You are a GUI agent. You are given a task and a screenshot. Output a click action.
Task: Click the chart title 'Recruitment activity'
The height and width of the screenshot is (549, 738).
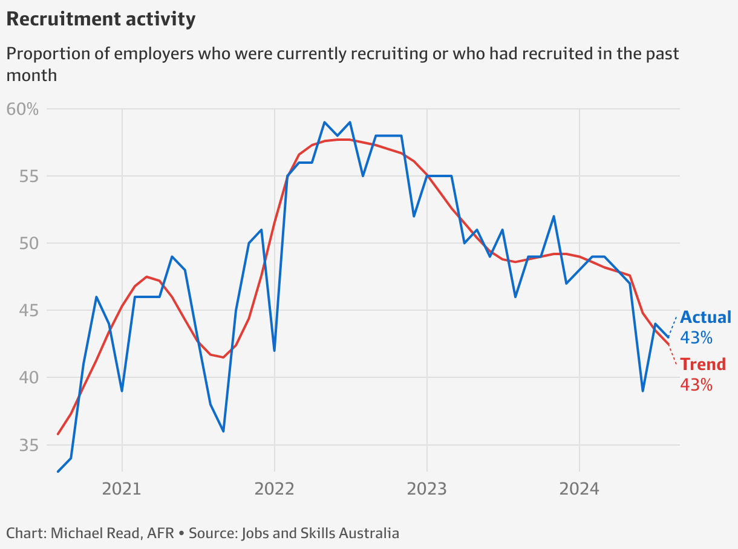[100, 19]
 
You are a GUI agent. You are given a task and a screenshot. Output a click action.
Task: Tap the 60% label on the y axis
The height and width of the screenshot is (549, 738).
[22, 109]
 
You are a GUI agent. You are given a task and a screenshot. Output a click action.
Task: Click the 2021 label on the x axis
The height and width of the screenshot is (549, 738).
[122, 489]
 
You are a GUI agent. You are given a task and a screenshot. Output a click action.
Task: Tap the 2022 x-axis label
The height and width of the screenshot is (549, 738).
[274, 489]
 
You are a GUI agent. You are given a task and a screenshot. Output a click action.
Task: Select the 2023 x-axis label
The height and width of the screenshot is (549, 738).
[426, 489]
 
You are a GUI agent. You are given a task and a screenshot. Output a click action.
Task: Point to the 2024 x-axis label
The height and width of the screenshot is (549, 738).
[579, 489]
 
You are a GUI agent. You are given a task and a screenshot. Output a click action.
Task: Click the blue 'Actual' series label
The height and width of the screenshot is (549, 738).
[706, 317]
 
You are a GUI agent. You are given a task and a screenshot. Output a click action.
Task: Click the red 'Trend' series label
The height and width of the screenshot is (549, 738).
[703, 365]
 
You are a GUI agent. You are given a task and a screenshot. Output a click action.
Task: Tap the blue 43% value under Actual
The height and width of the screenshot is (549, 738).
[696, 337]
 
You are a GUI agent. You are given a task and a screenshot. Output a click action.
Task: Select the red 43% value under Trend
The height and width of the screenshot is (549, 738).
[696, 385]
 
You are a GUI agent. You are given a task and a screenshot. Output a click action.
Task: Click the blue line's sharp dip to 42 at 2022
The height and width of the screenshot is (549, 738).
[274, 351]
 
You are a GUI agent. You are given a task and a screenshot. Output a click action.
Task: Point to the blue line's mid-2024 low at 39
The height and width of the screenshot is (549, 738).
[642, 391]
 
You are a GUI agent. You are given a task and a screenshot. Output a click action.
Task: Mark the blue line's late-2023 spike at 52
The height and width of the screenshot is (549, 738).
[553, 216]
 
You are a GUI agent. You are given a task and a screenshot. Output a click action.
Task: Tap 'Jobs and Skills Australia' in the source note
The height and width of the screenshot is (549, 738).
[320, 533]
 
